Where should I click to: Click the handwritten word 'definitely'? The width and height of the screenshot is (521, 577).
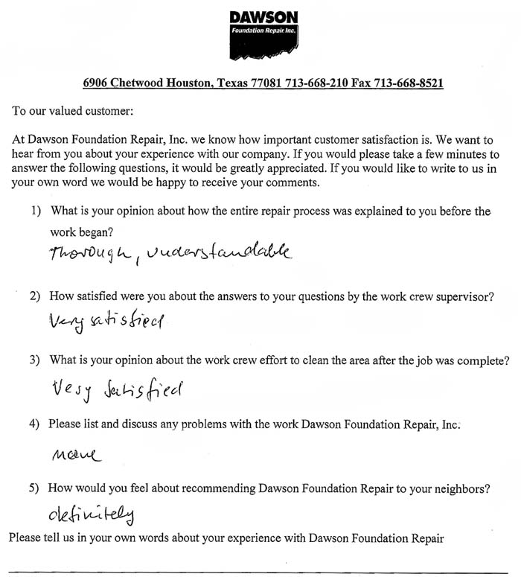coord(93,514)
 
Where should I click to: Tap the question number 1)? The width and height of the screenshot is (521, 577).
coord(36,211)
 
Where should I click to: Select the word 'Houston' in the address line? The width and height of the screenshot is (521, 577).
coord(188,83)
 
